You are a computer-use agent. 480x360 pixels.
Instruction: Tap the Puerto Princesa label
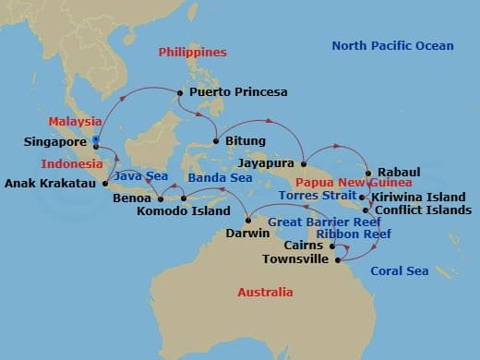[238, 92]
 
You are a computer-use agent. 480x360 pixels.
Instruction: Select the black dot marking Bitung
[216, 141]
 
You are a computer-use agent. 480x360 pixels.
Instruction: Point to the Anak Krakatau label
[50, 183]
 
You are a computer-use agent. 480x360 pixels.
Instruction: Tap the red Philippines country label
[192, 53]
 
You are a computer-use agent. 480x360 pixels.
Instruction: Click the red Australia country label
[265, 293]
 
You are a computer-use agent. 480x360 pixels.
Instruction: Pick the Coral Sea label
[400, 270]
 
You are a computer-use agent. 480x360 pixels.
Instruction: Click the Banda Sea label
[220, 177]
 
